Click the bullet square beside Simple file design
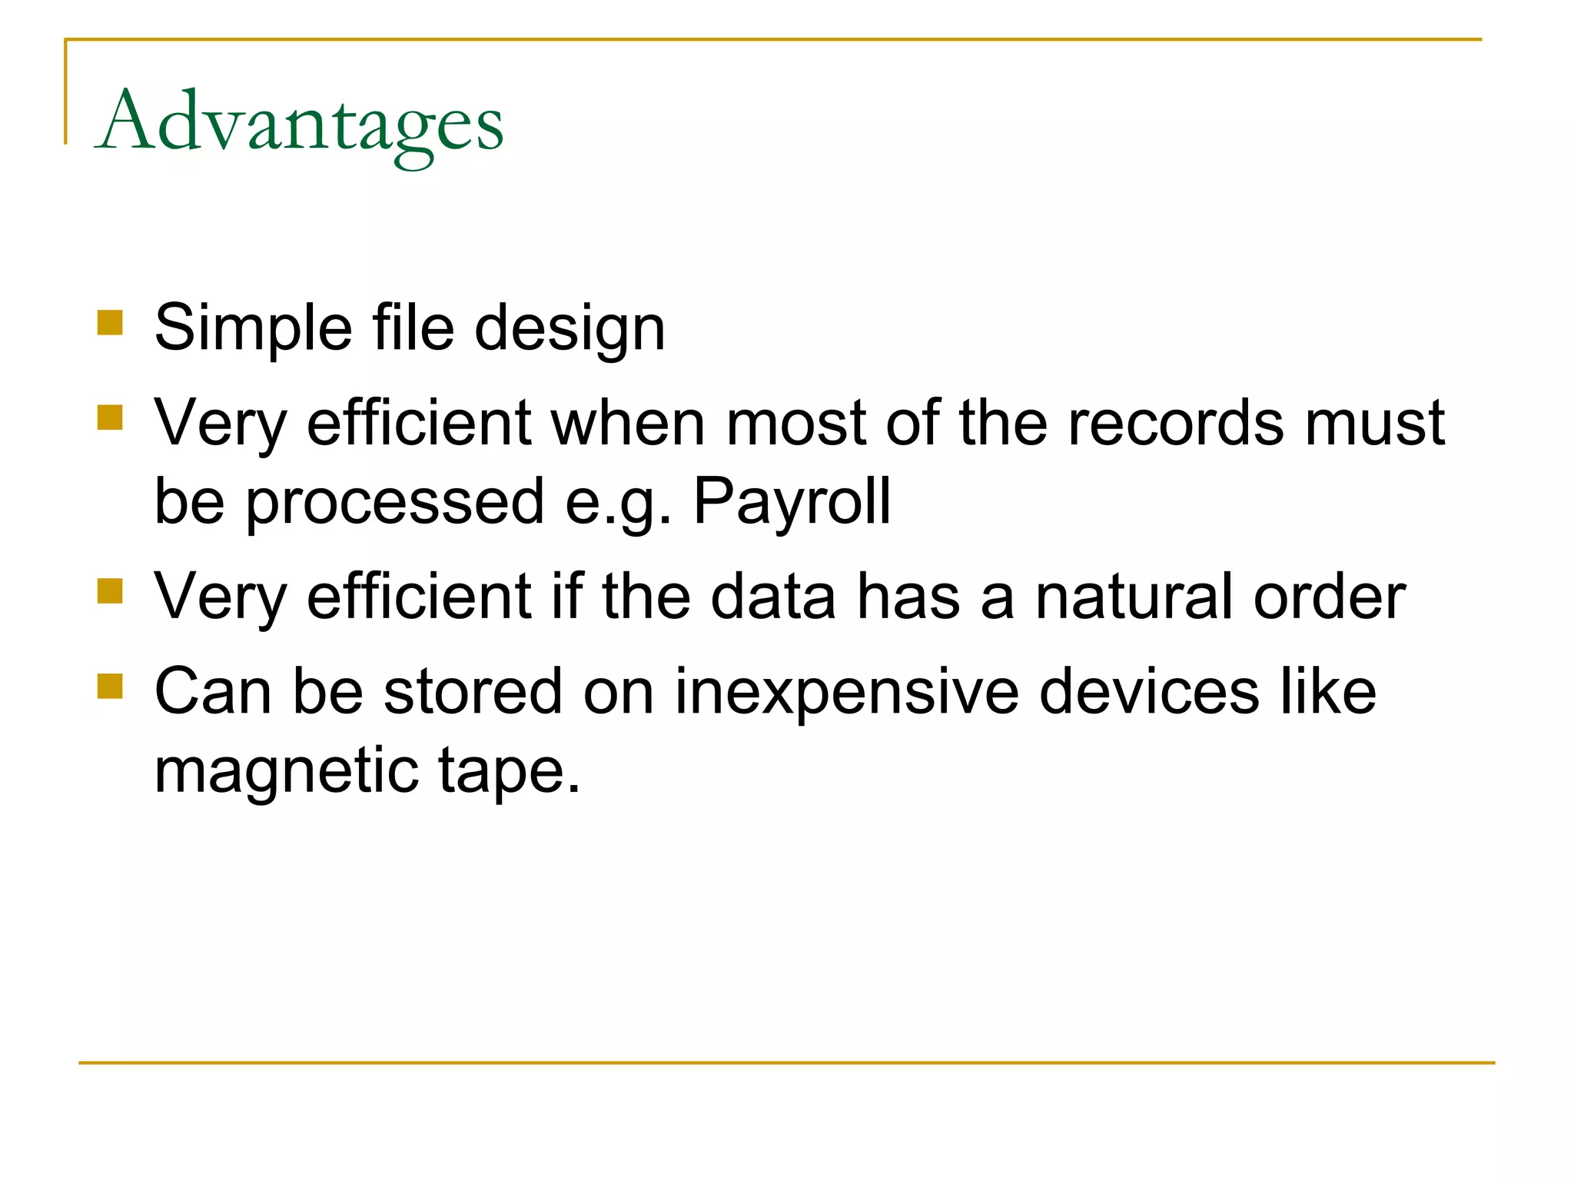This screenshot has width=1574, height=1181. tap(110, 323)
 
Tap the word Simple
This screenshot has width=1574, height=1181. tap(253, 329)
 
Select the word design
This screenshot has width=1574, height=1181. tap(569, 329)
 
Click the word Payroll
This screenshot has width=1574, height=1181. tap(792, 501)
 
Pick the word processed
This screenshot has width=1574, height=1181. tap(394, 503)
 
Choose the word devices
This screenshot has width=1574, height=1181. tap(1149, 692)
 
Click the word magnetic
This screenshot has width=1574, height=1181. tap(287, 772)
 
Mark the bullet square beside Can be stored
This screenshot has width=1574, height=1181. tap(110, 686)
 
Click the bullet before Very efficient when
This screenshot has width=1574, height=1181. tap(110, 418)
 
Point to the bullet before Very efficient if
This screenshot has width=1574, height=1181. tap(110, 592)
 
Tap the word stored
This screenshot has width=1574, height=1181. tap(473, 692)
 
